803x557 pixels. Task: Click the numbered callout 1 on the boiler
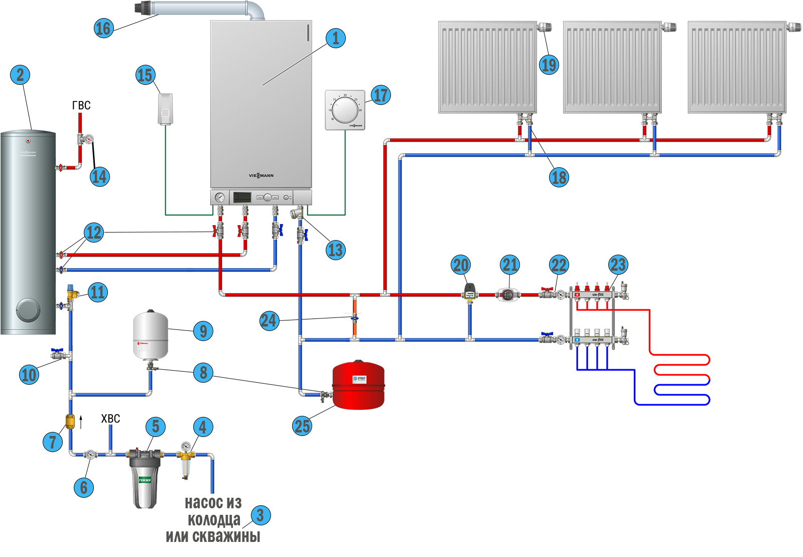click(336, 38)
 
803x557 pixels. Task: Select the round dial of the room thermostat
click(345, 110)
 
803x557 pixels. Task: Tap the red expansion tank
click(358, 385)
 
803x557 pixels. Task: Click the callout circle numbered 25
click(302, 426)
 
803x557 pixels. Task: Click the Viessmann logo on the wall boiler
click(261, 175)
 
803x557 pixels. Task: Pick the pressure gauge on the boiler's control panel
click(219, 197)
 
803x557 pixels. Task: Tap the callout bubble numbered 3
click(260, 515)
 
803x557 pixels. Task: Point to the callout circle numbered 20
click(461, 265)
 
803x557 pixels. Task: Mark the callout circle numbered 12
click(94, 232)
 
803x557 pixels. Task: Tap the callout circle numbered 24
click(269, 320)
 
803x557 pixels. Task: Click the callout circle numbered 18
click(559, 177)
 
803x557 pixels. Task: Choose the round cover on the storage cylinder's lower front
click(27, 310)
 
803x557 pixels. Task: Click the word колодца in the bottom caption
click(214, 519)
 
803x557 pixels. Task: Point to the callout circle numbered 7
click(53, 442)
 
